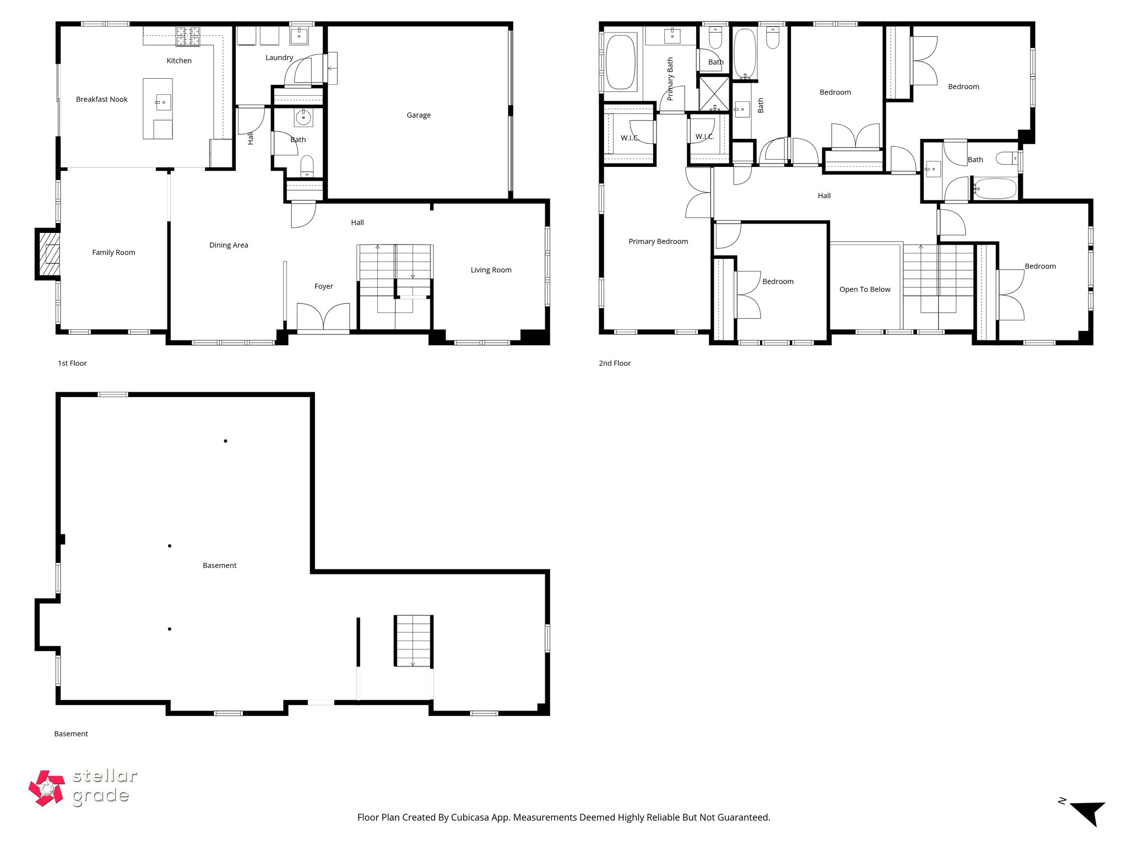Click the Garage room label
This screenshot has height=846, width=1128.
pos(419,115)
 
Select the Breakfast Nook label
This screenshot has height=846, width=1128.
pos(102,100)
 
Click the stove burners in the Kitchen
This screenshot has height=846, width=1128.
pos(188,36)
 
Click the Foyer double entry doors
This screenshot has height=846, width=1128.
pos(323,318)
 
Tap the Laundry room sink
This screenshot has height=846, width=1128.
pos(299,35)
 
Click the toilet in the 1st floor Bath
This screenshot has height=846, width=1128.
pos(307,165)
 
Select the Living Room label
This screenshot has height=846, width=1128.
pos(491,270)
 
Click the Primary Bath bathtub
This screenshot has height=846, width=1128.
pos(621,62)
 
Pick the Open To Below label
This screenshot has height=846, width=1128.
pos(865,290)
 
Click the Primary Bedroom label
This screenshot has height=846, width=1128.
pos(658,241)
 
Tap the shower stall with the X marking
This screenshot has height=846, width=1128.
pos(714,94)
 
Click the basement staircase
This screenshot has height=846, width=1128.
pos(413,641)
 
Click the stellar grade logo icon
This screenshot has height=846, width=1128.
pos(47,788)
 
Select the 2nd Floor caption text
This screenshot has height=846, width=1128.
pos(615,364)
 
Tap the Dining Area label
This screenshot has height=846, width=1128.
pos(229,245)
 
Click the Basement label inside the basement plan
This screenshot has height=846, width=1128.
pos(219,566)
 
